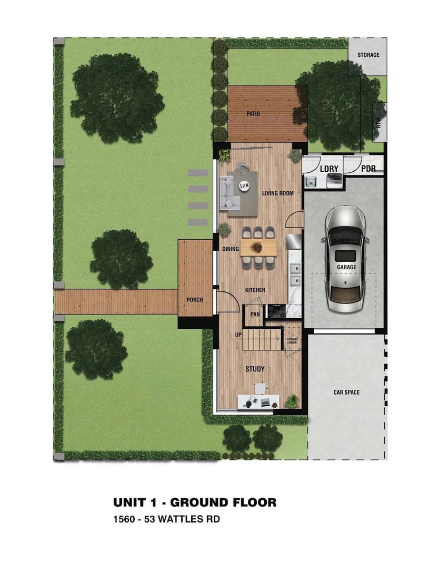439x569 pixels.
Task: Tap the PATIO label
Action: (254, 114)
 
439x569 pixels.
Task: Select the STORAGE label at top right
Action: (368, 55)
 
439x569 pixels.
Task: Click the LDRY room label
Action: (329, 169)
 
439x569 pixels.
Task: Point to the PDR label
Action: (368, 169)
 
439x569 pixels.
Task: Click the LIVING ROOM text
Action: (278, 193)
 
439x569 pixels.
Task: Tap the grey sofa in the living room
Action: (228, 192)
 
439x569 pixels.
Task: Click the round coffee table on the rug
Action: (245, 184)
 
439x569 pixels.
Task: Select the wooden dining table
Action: (258, 247)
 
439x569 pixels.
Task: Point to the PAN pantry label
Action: (255, 315)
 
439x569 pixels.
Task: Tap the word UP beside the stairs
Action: (238, 335)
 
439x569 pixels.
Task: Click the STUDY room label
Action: (255, 369)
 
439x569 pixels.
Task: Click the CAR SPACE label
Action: (347, 393)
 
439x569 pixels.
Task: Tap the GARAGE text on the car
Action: (347, 267)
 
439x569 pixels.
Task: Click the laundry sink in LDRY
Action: (311, 182)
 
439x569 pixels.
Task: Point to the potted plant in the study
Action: (291, 401)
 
